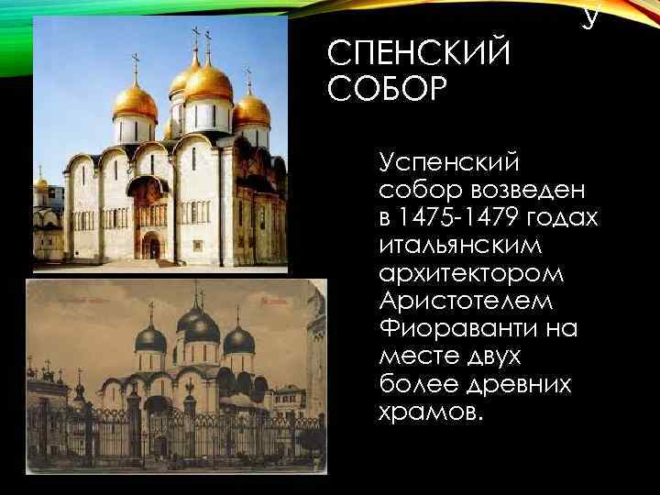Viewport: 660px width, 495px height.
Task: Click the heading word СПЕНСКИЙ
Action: (x=418, y=55)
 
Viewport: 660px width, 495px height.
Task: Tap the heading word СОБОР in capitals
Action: (x=386, y=90)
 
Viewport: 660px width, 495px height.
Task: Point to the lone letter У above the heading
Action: (x=590, y=16)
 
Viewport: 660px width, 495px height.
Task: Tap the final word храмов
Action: (x=428, y=412)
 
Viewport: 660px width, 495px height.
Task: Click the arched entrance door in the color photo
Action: (x=152, y=246)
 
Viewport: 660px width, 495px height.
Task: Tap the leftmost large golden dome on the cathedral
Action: (x=135, y=103)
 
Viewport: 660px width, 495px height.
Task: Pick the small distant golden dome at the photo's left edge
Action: (x=40, y=184)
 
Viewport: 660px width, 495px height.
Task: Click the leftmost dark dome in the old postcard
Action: (x=150, y=340)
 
